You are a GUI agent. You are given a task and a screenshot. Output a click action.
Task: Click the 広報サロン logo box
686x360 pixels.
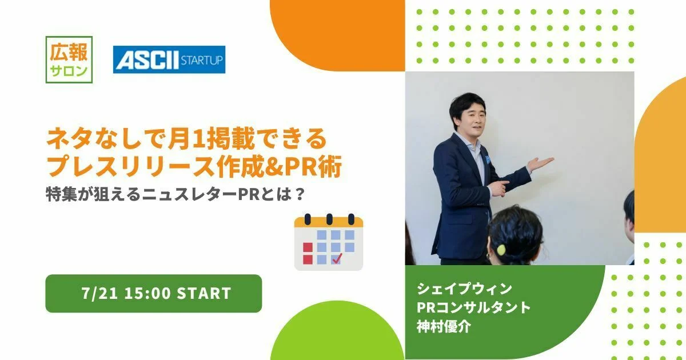[69, 59]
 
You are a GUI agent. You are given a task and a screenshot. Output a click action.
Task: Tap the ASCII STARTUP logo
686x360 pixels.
[169, 59]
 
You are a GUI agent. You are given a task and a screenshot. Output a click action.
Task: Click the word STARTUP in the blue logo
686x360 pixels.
[201, 60]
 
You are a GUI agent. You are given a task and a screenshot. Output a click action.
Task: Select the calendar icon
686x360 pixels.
[329, 242]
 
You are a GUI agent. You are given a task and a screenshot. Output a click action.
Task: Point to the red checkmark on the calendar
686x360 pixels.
[337, 258]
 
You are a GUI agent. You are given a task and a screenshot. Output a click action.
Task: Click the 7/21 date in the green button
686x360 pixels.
[99, 293]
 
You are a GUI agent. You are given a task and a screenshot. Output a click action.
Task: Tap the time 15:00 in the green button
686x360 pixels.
[147, 293]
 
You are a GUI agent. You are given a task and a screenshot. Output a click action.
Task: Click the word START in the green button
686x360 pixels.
[204, 293]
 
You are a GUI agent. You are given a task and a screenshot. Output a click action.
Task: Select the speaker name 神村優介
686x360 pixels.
[444, 326]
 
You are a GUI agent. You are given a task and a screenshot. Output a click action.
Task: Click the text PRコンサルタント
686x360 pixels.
[474, 307]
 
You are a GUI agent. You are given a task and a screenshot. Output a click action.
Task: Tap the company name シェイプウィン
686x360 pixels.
[464, 289]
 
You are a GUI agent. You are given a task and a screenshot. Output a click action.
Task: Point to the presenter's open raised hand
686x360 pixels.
[541, 164]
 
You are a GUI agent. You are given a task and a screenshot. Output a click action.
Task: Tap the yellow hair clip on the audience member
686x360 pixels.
[501, 250]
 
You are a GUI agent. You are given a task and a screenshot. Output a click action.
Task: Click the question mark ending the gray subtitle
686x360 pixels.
[300, 194]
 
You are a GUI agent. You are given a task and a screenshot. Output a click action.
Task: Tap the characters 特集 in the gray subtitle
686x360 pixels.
[61, 194]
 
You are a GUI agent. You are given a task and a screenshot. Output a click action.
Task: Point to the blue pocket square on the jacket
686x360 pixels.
[488, 159]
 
